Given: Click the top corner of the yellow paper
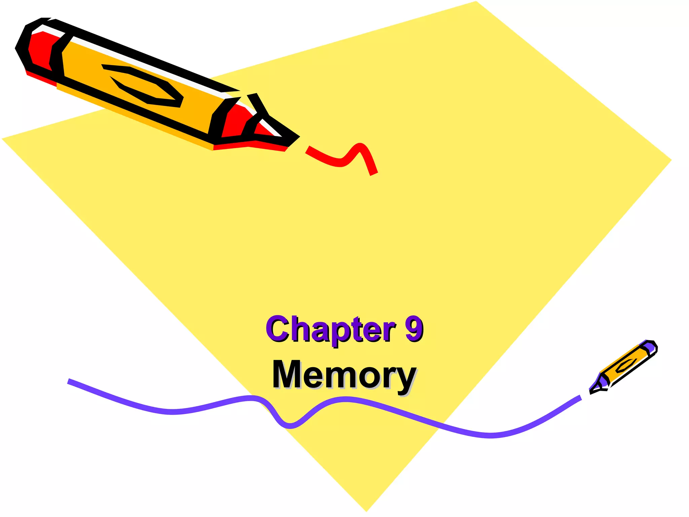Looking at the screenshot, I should [x=476, y=2].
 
